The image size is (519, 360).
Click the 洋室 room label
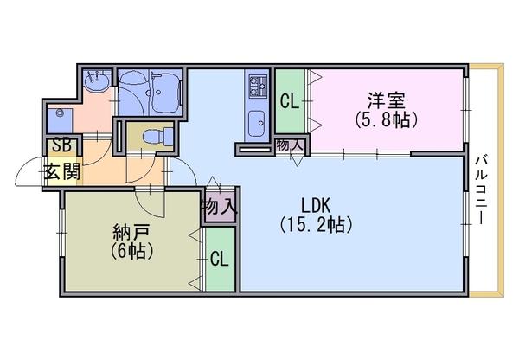tap(386, 100)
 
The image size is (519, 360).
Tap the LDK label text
tap(316, 206)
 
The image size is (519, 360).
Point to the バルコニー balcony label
tap(481, 190)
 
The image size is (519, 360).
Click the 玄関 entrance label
tap(62, 172)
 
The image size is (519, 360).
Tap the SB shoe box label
tap(62, 145)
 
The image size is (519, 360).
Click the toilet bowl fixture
tap(156, 136)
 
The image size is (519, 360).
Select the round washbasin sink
tap(97, 81)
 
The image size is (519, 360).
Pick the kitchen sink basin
tap(256, 124)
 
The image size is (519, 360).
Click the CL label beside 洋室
tap(289, 102)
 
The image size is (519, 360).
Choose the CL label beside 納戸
tap(220, 259)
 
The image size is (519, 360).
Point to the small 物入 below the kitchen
tap(291, 145)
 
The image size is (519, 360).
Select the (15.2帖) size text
tap(316, 225)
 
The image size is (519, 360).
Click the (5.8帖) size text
tap(386, 119)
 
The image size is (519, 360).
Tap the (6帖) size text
tap(131, 251)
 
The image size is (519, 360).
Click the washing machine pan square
tap(60, 120)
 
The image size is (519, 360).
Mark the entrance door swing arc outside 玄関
tap(25, 164)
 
